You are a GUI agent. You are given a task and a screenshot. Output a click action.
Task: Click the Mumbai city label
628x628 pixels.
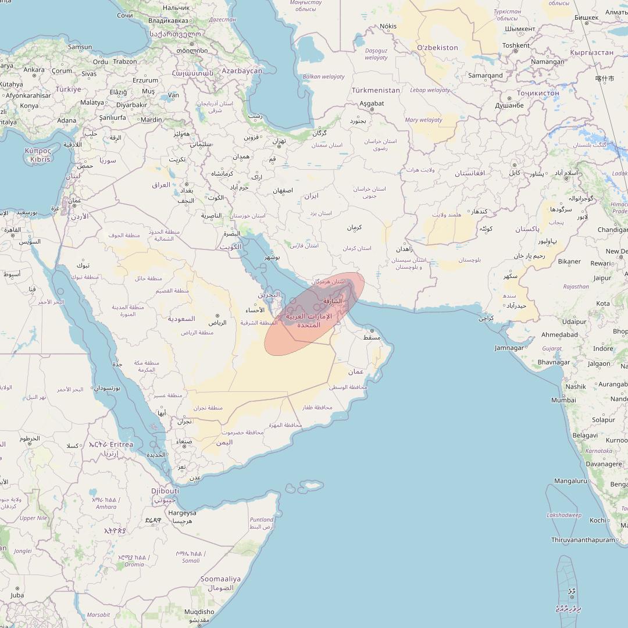tap(563, 400)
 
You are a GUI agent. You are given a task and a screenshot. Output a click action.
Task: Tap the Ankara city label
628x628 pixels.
tap(34, 70)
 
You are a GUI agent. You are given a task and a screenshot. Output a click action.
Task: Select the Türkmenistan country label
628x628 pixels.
tap(376, 90)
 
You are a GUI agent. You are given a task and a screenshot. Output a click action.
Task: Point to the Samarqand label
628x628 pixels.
tap(486, 76)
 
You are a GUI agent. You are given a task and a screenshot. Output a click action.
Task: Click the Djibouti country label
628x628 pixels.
tap(165, 491)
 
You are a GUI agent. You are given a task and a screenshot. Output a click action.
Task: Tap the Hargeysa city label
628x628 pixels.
tap(182, 513)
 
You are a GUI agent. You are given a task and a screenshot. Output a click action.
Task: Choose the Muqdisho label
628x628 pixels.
tap(199, 612)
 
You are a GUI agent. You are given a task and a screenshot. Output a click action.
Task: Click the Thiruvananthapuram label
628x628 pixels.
tap(583, 540)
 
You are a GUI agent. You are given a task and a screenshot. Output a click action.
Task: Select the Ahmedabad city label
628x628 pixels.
tap(559, 334)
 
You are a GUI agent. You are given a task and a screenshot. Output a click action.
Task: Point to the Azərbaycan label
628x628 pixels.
tap(242, 70)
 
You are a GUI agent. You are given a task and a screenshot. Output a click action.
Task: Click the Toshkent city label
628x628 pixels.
tap(516, 45)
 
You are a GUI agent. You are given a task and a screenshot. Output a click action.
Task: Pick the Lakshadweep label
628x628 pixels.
tap(563, 515)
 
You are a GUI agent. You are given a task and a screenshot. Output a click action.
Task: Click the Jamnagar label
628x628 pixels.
tap(509, 348)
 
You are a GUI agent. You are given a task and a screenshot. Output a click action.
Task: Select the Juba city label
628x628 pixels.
tap(17, 595)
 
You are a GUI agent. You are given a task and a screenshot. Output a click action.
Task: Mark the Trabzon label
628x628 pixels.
tap(125, 61)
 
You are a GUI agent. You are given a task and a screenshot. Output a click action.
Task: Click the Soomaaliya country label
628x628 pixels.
tap(220, 579)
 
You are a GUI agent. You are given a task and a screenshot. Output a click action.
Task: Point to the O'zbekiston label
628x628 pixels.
tap(437, 48)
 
